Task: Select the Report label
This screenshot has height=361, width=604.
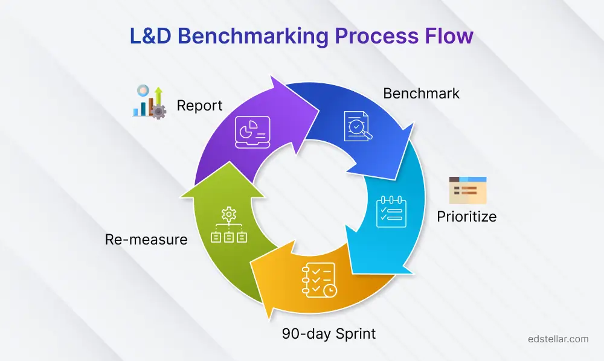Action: [x=199, y=106]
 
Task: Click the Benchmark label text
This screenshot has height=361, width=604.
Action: [x=421, y=94]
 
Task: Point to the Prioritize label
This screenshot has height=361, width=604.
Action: [x=466, y=216]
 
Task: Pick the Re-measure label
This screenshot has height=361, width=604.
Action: [x=146, y=239]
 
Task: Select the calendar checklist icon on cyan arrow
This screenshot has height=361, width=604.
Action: [x=390, y=211]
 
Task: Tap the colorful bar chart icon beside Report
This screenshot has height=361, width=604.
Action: [x=149, y=101]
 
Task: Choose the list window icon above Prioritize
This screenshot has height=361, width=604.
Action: [x=467, y=190]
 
